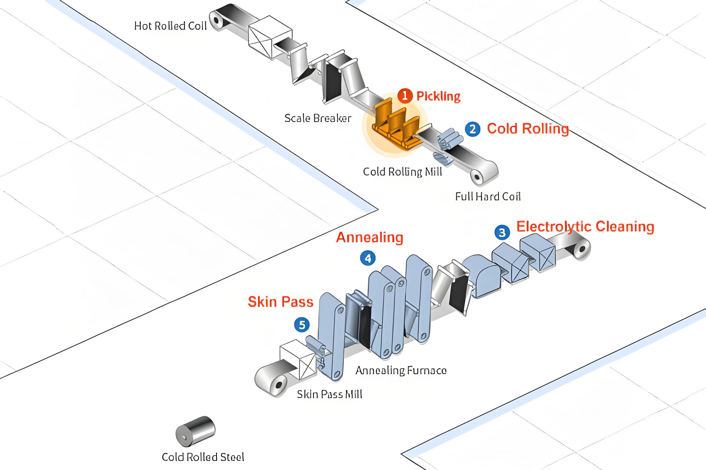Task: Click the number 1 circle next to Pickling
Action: [x=405, y=95]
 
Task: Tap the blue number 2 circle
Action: [x=472, y=129]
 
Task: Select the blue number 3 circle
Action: [x=502, y=232]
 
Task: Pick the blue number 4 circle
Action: [x=368, y=258]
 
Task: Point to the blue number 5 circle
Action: [x=302, y=325]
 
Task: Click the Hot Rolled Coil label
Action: [x=171, y=26]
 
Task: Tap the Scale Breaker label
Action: [x=318, y=118]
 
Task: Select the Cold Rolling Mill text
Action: [x=402, y=172]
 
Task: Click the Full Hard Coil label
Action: [x=488, y=197]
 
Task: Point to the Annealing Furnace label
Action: [x=401, y=370]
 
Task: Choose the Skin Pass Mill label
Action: [x=329, y=394]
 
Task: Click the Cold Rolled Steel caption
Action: [x=203, y=457]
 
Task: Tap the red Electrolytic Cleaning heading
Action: [x=585, y=226]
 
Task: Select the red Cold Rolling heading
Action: [x=528, y=129]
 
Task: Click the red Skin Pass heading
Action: [x=281, y=302]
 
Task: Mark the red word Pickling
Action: [x=438, y=96]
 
